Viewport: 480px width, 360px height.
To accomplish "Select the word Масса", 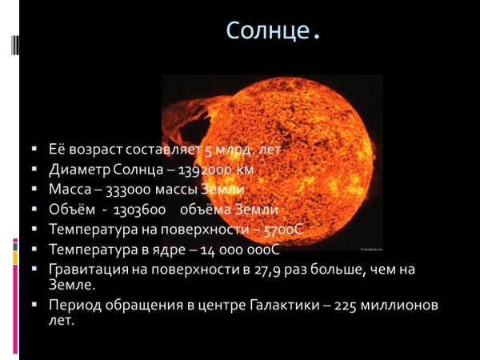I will click(69, 190).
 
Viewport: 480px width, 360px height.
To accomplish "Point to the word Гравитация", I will click(87, 270).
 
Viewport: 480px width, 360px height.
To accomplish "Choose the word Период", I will click(73, 306).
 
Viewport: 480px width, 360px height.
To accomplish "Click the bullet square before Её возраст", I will click(34, 150).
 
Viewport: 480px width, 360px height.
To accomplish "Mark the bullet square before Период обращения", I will click(34, 306).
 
